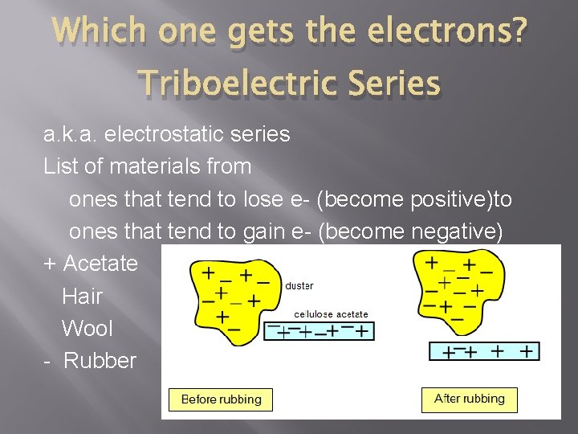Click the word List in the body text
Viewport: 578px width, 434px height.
pos(59,166)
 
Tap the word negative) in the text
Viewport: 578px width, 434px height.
pos(457,231)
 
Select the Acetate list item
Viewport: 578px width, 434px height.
pos(100,264)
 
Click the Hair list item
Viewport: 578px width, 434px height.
pos(82,296)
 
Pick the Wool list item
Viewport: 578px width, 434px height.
pos(87,328)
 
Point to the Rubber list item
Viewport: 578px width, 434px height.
pos(100,360)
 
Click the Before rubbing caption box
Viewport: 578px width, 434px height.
pos(221,399)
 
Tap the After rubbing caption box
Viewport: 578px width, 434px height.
pos(469,399)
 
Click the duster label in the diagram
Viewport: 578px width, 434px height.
pos(299,285)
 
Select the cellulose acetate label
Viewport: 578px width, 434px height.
pos(331,314)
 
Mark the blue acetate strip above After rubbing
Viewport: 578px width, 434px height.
pos(484,350)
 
